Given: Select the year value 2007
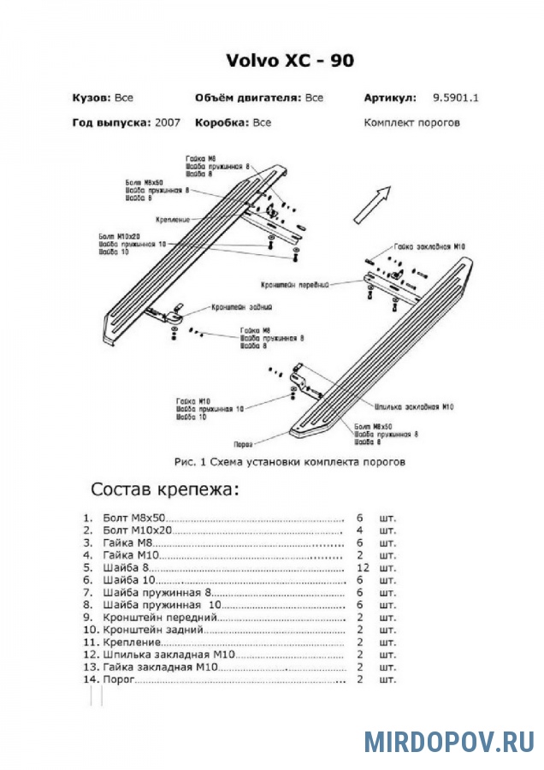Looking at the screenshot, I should pos(168,122).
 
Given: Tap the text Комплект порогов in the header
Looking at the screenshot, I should pos(411,122).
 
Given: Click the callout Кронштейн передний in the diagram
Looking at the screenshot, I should pos(296,284).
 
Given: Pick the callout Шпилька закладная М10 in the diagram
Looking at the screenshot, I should pos(414,406).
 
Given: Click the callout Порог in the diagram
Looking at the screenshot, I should pos(244,444).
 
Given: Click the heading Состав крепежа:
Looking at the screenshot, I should pos(166,490).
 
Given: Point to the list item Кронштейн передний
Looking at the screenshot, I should pos(159,616).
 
